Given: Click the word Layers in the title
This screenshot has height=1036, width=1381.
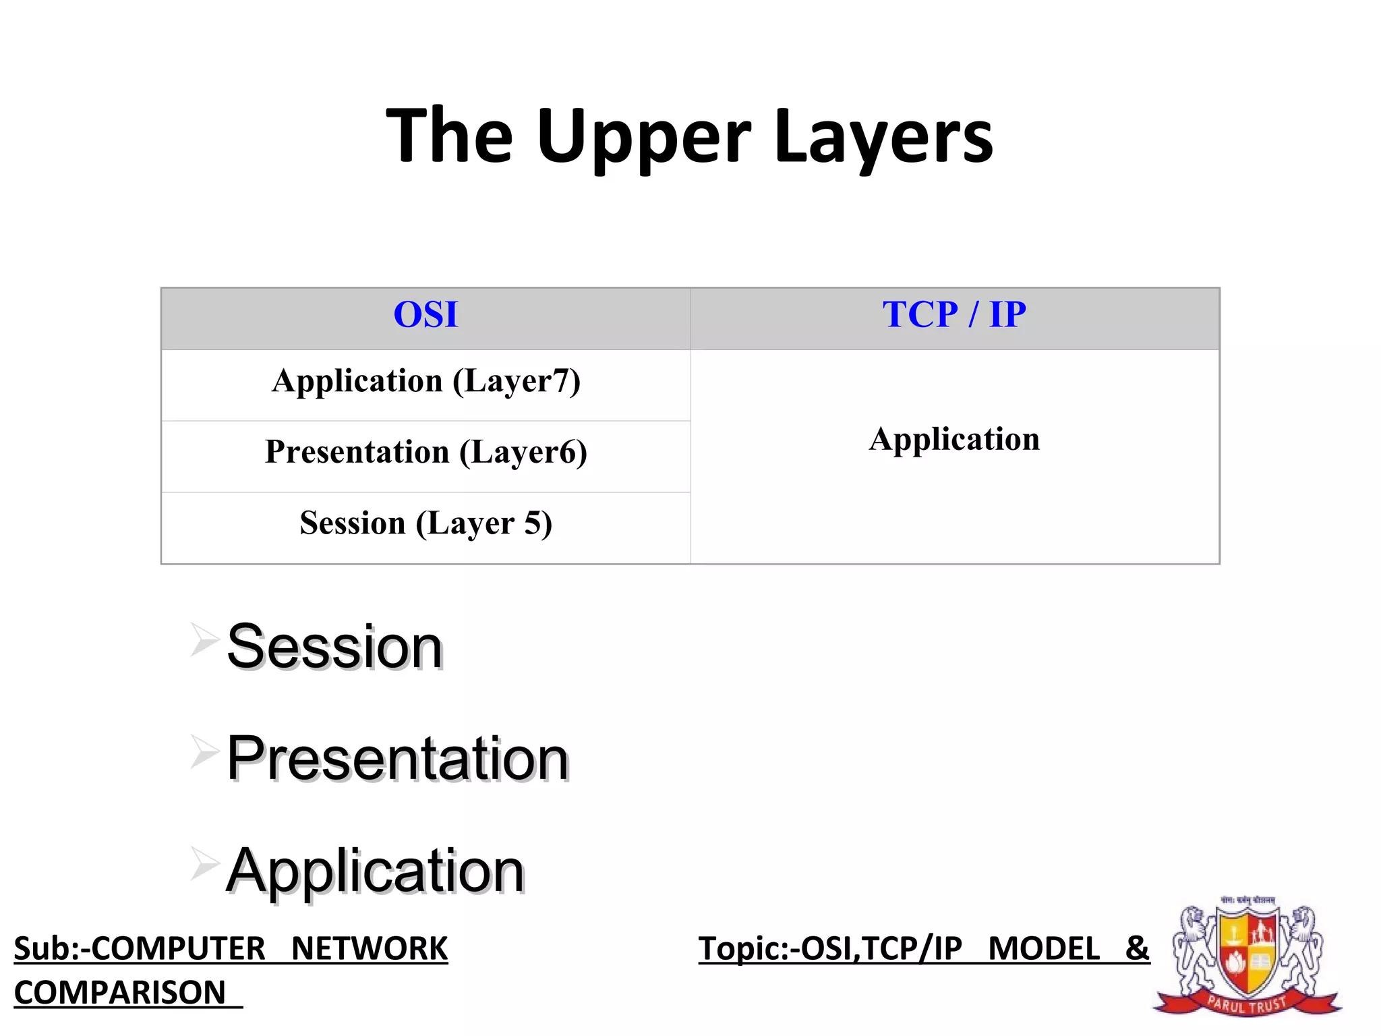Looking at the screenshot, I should [x=883, y=137].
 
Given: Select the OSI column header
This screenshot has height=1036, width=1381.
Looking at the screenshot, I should [x=425, y=315].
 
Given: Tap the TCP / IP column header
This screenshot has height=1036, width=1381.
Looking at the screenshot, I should [x=954, y=315].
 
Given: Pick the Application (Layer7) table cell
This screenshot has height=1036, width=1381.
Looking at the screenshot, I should [x=425, y=382].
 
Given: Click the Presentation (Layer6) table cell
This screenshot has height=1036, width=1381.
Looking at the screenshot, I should [x=425, y=453].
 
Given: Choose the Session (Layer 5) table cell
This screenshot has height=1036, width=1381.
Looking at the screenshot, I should [x=425, y=524].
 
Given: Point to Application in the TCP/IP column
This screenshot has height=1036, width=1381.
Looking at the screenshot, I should [x=954, y=440].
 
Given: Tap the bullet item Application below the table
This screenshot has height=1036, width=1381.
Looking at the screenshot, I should [x=375, y=871].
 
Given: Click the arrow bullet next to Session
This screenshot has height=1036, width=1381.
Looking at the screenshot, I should [x=204, y=639].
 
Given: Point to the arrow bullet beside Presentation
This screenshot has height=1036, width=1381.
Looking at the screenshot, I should [x=204, y=751].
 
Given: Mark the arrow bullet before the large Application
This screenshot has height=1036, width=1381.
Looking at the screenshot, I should [x=204, y=863].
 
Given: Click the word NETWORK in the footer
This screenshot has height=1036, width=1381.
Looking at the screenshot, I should [x=370, y=949].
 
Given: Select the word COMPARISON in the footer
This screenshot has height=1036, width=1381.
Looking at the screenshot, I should [x=120, y=993].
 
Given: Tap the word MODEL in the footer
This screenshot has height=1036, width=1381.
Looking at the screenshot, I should [x=1044, y=949].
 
